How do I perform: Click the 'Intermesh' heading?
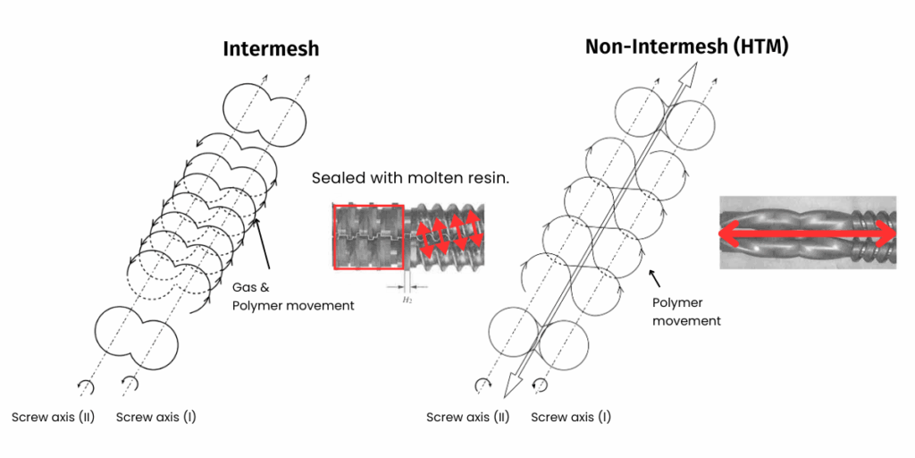point(271,48)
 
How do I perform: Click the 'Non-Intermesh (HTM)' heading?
point(686,47)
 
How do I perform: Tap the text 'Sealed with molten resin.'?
point(410,177)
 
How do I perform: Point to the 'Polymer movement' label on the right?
point(686,311)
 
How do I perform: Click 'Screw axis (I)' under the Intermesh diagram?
point(156,417)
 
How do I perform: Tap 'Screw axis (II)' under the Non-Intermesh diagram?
point(467,417)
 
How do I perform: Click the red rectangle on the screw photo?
point(368,236)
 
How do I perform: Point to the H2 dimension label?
point(407,301)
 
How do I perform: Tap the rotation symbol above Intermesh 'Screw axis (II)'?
point(87,386)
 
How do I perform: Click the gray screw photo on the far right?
point(808,233)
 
